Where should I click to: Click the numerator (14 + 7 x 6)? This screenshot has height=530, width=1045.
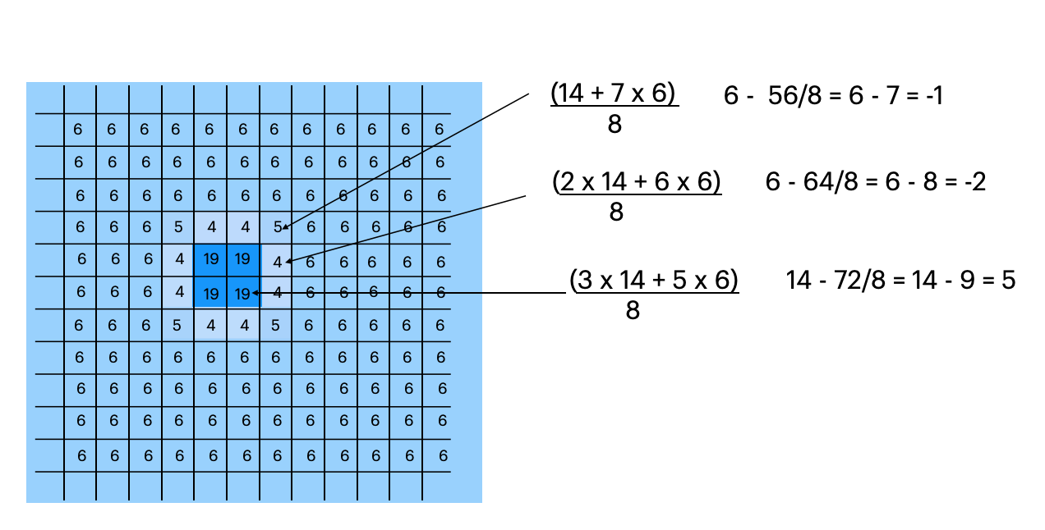pyautogui.click(x=613, y=94)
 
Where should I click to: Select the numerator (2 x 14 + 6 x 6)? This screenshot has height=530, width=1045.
pyautogui.click(x=638, y=182)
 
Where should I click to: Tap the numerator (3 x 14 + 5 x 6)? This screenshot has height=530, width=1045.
pyautogui.click(x=654, y=281)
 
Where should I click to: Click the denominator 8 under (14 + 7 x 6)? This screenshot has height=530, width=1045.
pyautogui.click(x=615, y=125)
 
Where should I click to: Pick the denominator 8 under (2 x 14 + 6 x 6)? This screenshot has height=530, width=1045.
pyautogui.click(x=616, y=212)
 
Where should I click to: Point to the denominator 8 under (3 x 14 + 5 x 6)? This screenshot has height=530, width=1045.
pyautogui.click(x=632, y=311)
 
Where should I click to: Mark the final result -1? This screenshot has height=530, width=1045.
pyautogui.click(x=932, y=96)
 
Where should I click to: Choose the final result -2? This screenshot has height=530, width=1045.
pyautogui.click(x=973, y=182)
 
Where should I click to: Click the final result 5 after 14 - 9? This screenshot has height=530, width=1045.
pyautogui.click(x=1008, y=281)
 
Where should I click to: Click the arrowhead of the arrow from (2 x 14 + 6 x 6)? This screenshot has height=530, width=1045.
pyautogui.click(x=288, y=261)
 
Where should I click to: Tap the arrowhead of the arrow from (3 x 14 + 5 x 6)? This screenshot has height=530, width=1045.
pyautogui.click(x=255, y=292)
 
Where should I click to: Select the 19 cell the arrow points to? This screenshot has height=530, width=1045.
pyautogui.click(x=242, y=293)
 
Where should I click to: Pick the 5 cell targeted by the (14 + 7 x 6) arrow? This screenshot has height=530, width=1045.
pyautogui.click(x=277, y=227)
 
